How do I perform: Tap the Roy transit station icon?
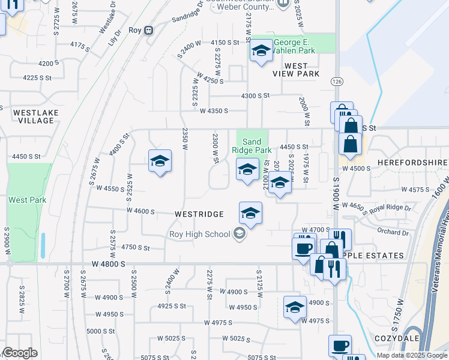click(149, 30)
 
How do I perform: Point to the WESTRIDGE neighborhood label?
click(199, 214)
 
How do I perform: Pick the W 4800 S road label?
click(109, 264)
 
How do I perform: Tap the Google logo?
click(20, 352)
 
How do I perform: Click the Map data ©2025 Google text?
click(412, 355)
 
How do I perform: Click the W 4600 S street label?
click(140, 211)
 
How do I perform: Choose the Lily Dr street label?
click(113, 41)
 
